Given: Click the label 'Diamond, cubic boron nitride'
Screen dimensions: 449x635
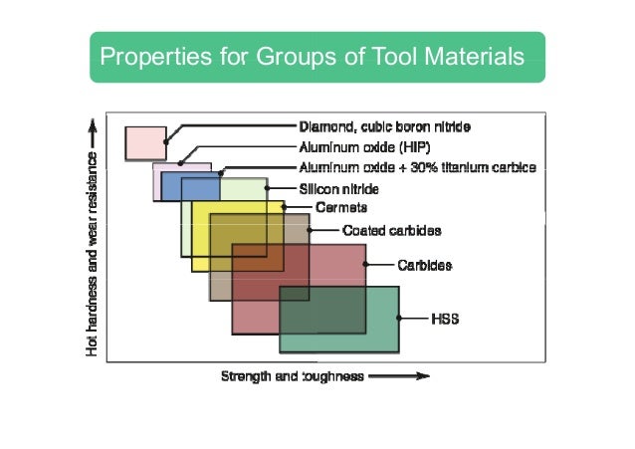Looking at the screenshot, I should point(384,127).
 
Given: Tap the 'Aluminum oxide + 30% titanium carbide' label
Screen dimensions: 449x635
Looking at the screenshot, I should point(418,167).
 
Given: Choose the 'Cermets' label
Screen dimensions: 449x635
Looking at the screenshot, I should point(341,208).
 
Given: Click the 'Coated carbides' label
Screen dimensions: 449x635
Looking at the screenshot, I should point(391,230).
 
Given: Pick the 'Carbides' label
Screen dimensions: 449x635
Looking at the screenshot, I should point(425,265).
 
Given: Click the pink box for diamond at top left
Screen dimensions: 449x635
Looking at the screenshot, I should point(145,143).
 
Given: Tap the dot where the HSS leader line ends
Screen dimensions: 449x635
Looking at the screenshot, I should point(399,319).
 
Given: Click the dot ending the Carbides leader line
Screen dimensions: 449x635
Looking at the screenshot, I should point(366,265).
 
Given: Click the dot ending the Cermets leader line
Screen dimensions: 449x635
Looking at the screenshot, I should point(285,208).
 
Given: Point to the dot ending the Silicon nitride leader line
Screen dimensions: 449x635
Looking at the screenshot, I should point(266,187).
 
